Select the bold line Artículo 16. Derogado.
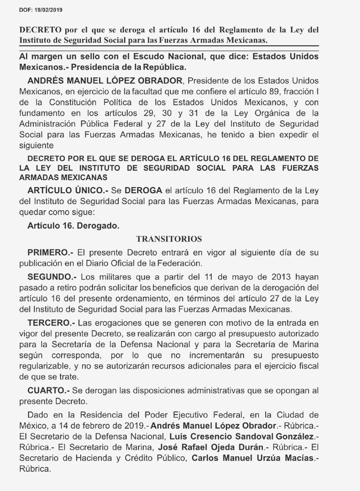(73, 225)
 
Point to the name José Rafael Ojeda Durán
(211, 447)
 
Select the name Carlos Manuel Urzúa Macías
(251, 458)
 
